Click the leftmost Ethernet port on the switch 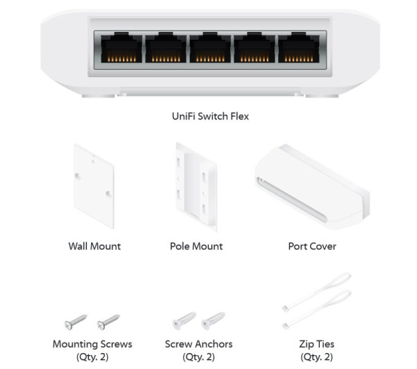pyautogui.click(x=120, y=50)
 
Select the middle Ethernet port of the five pyautogui.click(x=208, y=50)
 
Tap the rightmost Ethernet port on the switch pyautogui.click(x=297, y=50)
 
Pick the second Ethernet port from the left pyautogui.click(x=164, y=50)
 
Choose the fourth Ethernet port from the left pyautogui.click(x=253, y=50)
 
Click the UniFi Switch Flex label pyautogui.click(x=210, y=116)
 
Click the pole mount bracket pyautogui.click(x=197, y=187)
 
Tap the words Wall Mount pyautogui.click(x=95, y=246)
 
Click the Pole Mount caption pyautogui.click(x=196, y=246)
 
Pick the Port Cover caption pyautogui.click(x=312, y=246)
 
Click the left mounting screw pyautogui.click(x=74, y=321)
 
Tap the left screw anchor pyautogui.click(x=182, y=321)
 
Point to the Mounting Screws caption pyautogui.click(x=92, y=344)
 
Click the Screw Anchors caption pyautogui.click(x=199, y=344)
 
